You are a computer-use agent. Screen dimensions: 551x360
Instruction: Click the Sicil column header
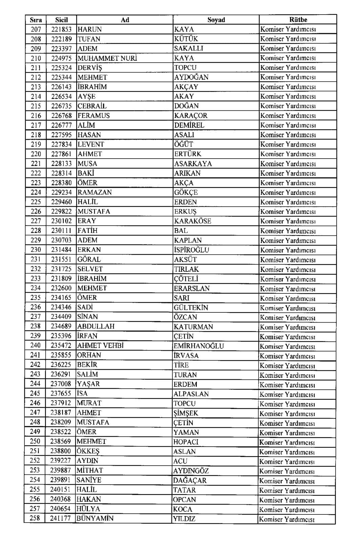coord(61,20)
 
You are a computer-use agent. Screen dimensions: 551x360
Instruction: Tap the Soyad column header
coord(216,20)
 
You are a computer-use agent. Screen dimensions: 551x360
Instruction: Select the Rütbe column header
coord(298,20)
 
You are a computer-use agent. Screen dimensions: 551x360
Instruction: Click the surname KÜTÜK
coord(186,39)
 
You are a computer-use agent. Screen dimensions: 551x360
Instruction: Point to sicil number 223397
coord(61,48)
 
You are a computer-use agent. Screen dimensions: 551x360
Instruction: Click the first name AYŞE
coord(87,97)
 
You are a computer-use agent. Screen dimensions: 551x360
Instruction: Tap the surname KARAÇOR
coord(191,116)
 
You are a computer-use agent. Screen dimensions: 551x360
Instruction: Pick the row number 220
coord(36,154)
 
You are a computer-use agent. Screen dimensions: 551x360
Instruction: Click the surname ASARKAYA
coord(193,164)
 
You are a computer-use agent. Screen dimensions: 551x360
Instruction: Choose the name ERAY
coord(87,221)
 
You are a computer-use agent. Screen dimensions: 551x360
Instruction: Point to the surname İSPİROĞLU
coord(191,250)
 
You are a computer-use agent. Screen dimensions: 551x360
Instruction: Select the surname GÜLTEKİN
coord(191,308)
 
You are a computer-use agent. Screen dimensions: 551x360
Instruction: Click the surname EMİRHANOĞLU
coord(199,346)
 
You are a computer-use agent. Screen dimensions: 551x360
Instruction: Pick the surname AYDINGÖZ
coord(191,471)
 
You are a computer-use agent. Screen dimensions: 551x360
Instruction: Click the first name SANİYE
coord(89,480)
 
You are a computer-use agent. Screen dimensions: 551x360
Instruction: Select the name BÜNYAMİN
coord(95,518)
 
